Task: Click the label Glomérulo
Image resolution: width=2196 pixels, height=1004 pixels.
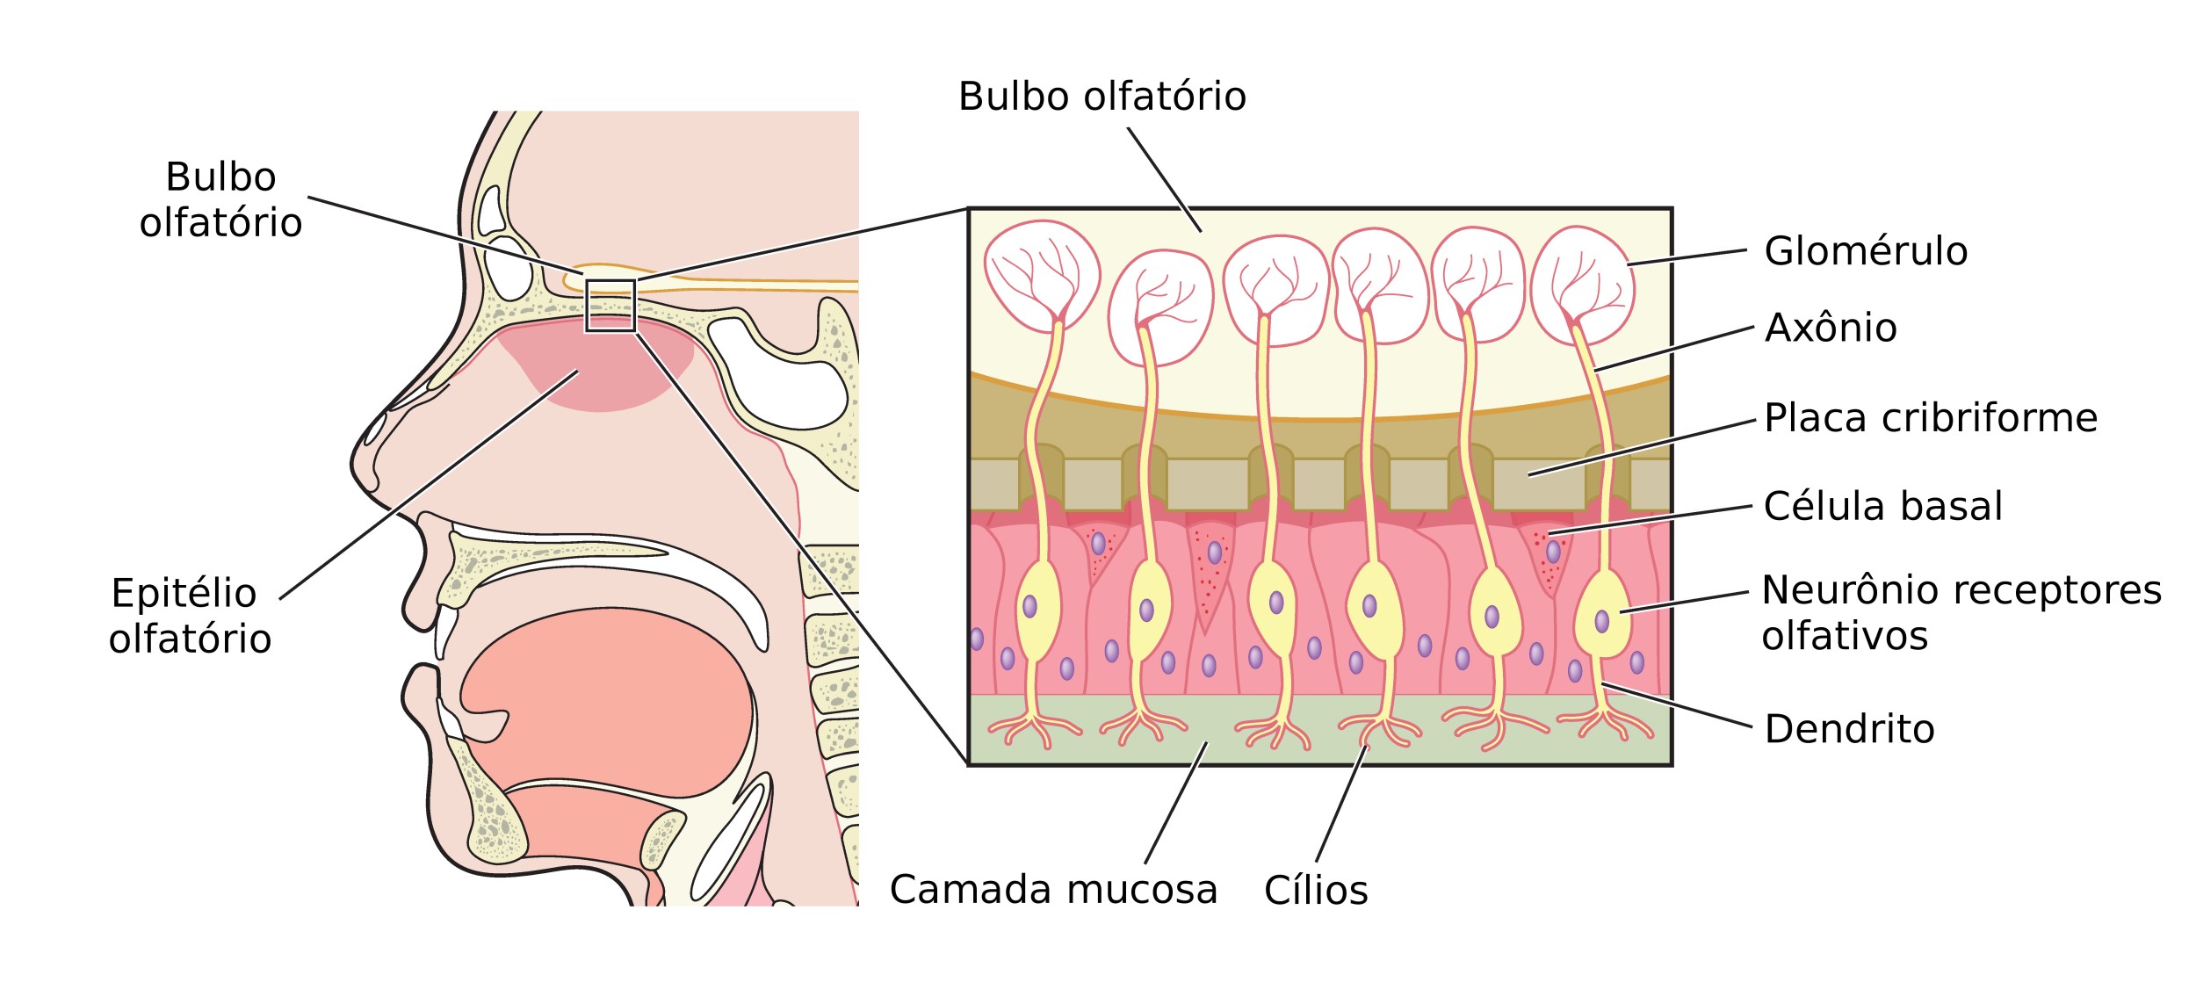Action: point(1866,251)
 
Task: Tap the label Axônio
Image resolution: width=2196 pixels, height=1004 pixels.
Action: point(1831,328)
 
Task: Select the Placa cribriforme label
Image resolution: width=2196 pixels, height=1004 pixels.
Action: point(1931,418)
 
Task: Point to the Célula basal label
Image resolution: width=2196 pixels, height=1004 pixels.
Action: point(1883,506)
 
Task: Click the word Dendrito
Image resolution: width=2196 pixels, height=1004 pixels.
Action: point(1850,729)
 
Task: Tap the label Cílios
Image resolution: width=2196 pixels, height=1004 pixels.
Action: point(1316,891)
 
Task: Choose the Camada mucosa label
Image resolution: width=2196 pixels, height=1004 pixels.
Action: point(1053,890)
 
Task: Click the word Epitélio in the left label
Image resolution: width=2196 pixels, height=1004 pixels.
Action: point(184,594)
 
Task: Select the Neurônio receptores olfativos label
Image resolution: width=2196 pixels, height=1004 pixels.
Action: point(1961,613)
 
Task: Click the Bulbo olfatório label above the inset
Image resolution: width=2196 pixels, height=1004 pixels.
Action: point(1102,97)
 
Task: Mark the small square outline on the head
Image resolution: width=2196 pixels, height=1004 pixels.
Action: point(610,280)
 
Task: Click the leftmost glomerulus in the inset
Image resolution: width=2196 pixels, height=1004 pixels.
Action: point(1042,275)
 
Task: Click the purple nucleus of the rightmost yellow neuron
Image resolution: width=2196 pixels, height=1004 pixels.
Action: point(1602,622)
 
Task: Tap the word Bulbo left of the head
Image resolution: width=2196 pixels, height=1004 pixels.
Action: point(220,177)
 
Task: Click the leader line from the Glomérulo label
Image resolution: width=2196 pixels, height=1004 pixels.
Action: point(1687,256)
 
